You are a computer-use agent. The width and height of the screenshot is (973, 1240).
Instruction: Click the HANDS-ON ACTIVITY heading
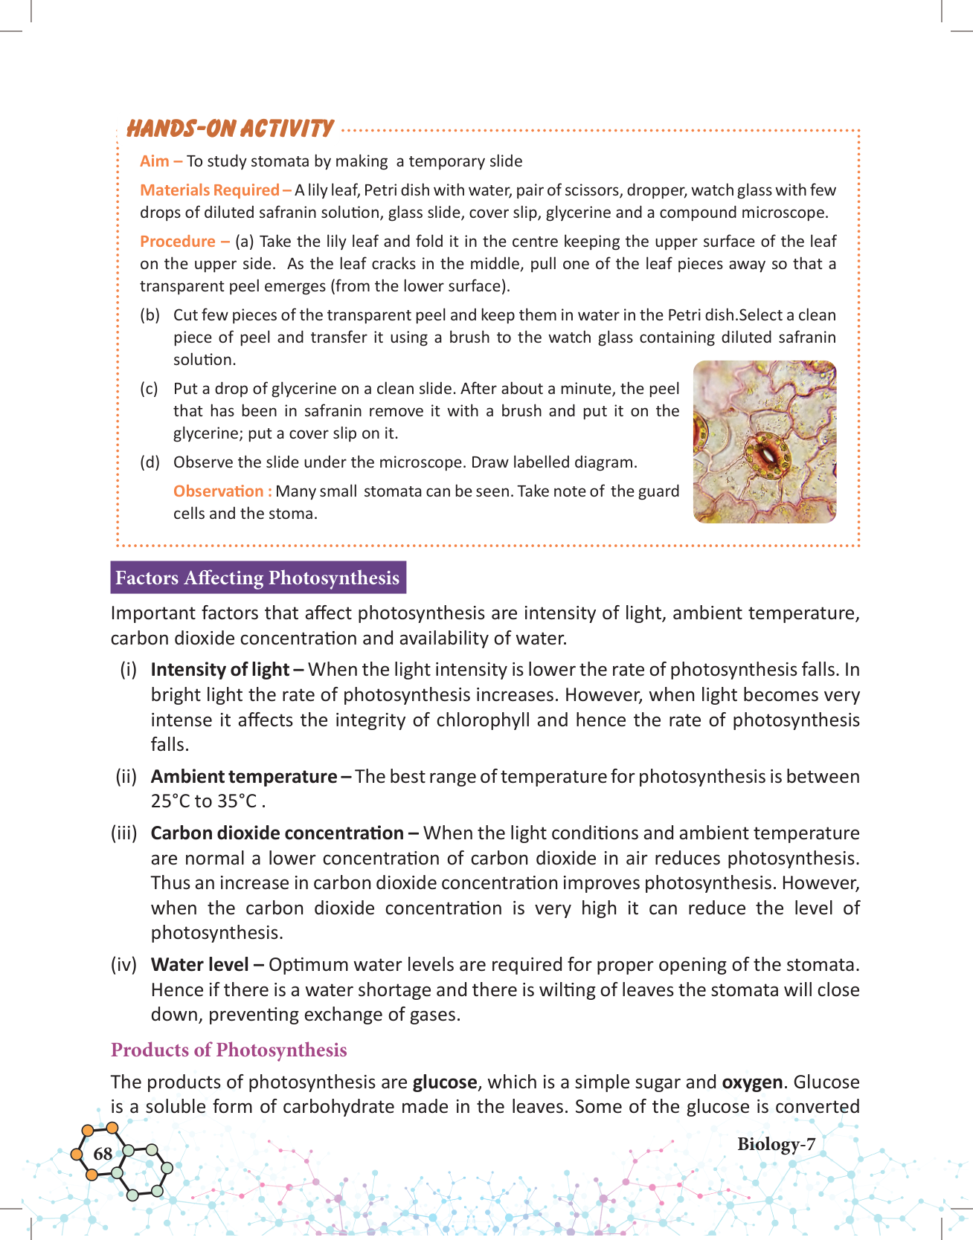[x=230, y=129]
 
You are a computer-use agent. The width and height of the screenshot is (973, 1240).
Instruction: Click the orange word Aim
[x=154, y=161]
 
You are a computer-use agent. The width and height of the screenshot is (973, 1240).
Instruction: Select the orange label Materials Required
[x=210, y=190]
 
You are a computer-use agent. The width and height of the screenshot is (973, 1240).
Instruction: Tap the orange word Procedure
[x=178, y=242]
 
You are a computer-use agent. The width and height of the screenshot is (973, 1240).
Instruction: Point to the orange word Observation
[x=218, y=491]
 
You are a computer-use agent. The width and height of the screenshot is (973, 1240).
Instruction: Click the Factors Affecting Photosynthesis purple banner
[x=257, y=578]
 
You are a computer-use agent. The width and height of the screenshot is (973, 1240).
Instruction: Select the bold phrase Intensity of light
[x=220, y=670]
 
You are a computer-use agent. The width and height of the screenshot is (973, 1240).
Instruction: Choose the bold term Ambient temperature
[x=244, y=777]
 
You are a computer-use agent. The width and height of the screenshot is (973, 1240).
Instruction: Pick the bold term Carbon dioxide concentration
[x=277, y=833]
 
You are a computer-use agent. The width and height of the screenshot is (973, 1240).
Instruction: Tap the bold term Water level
[x=199, y=965]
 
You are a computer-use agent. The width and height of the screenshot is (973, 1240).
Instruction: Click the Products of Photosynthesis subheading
[x=229, y=1050]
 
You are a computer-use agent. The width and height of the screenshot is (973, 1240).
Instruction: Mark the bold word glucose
[x=445, y=1082]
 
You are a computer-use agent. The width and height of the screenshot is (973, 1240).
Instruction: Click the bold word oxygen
[x=752, y=1082]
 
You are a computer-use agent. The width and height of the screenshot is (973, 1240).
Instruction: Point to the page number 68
[x=103, y=1154]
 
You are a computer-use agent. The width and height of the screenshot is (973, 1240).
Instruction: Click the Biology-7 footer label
[x=776, y=1144]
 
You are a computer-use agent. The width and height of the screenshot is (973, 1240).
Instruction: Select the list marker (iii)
[x=124, y=833]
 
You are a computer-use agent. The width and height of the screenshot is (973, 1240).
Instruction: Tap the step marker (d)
[x=150, y=462]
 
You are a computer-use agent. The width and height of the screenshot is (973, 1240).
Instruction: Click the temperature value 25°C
[x=170, y=801]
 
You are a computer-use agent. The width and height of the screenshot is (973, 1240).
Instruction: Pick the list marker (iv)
[x=124, y=965]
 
